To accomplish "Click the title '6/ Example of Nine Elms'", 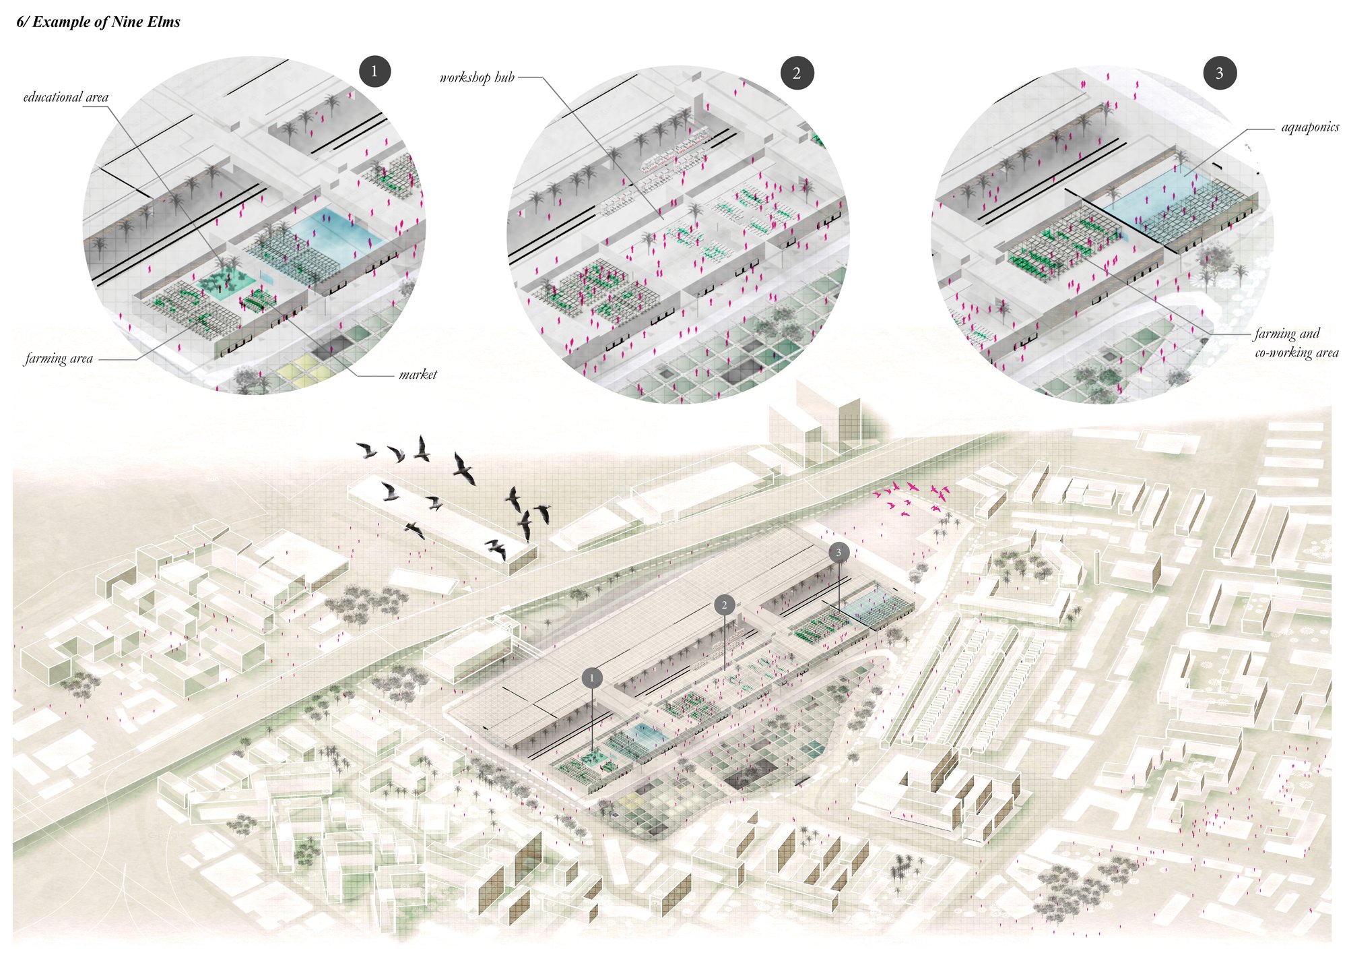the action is click(x=98, y=22).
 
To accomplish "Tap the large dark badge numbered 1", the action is click(x=374, y=71).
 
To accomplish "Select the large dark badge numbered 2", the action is click(x=797, y=73).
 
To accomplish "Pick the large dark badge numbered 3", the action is click(x=1219, y=73).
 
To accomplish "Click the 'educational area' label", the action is click(x=66, y=97).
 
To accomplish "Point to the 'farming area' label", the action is click(x=59, y=359).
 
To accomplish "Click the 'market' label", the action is click(x=418, y=375).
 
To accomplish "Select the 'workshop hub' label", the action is click(x=477, y=78).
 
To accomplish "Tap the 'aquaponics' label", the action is click(x=1310, y=127).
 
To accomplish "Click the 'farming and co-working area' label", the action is click(x=1296, y=342).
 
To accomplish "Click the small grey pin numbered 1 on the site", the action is click(x=592, y=678).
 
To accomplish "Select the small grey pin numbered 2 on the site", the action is click(x=724, y=605).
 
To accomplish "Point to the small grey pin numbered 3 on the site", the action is click(x=839, y=553).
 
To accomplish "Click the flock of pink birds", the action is click(x=913, y=497).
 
